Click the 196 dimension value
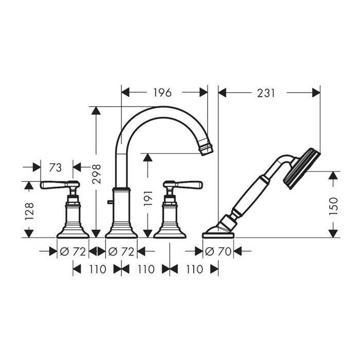coord(163,93)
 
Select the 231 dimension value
coord(266,93)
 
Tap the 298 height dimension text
coord(97,174)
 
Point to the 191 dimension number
coord(148,198)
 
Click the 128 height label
coord(29,211)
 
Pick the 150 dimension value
coord(333,206)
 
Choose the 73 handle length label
coord(56,168)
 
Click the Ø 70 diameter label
coord(218,251)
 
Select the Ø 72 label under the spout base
coord(121,251)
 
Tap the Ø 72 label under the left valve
coord(73,251)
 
